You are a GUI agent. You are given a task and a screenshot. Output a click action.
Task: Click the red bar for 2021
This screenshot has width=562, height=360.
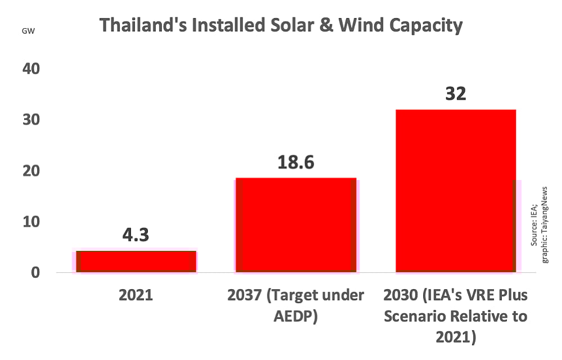(x=136, y=262)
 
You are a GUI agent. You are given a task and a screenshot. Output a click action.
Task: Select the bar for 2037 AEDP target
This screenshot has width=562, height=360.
(x=296, y=225)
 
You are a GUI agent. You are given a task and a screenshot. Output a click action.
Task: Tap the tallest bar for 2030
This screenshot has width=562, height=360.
(x=456, y=191)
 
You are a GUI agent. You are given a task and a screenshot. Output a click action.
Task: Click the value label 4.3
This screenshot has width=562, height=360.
(x=136, y=235)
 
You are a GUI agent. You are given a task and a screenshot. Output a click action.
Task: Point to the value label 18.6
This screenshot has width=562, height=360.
(x=296, y=162)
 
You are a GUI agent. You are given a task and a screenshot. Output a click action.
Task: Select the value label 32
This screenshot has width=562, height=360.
(x=456, y=93)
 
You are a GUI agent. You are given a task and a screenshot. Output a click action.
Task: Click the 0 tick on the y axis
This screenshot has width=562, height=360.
(x=36, y=273)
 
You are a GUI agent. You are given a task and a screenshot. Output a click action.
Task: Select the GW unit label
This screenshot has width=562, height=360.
(x=28, y=30)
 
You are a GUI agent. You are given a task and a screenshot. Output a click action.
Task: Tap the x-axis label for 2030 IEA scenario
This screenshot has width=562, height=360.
(x=456, y=316)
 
